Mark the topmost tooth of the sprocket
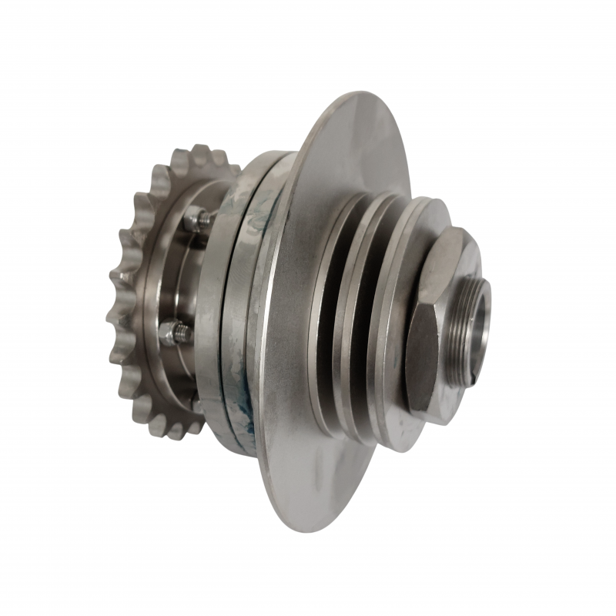(x=202, y=152)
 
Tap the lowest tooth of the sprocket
(x=174, y=431)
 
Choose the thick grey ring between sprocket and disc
(x=212, y=308)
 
